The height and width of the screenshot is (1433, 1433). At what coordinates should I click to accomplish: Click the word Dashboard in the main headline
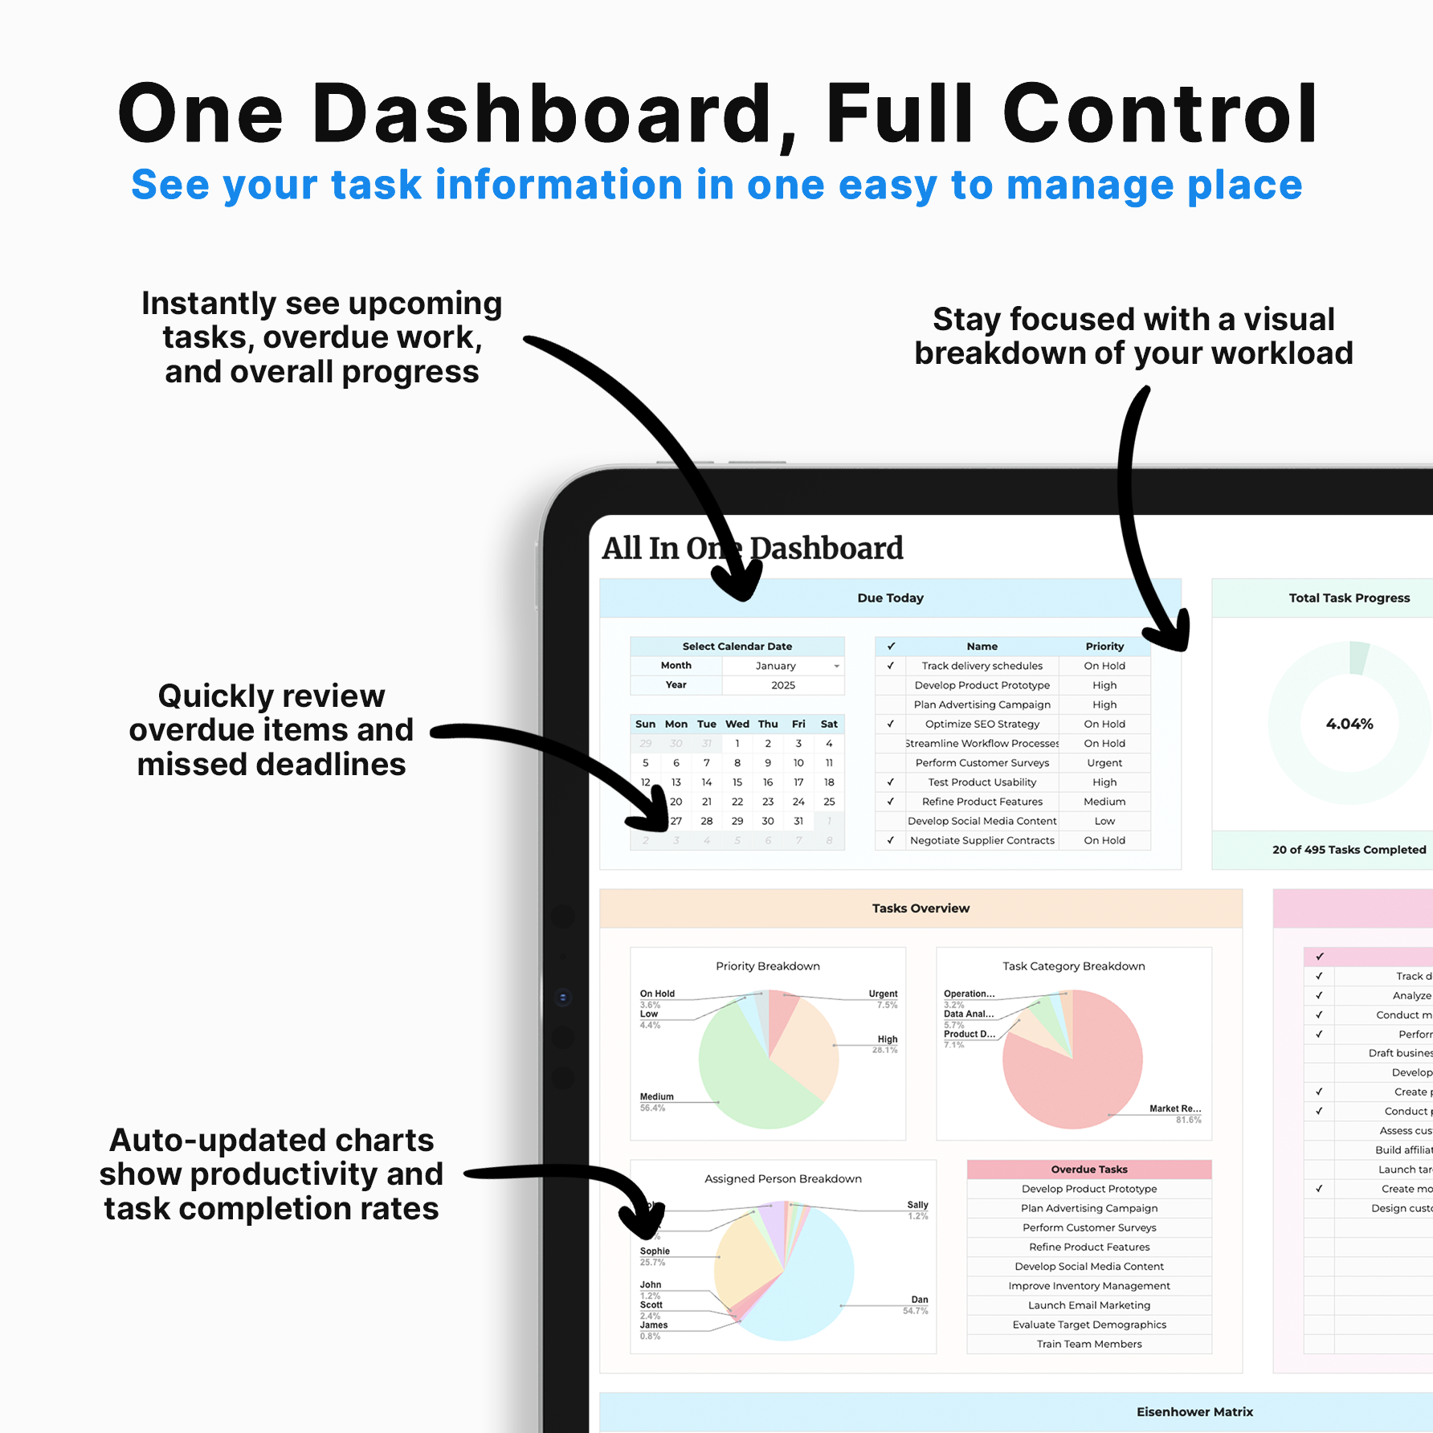click(543, 114)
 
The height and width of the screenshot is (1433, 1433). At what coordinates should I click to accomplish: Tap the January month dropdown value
click(775, 666)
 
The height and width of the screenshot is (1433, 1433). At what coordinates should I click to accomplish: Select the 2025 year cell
click(783, 685)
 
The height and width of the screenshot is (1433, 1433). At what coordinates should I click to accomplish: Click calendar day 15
click(737, 782)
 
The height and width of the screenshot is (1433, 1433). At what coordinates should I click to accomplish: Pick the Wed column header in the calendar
click(737, 724)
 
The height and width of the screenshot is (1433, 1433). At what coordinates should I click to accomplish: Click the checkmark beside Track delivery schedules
click(890, 666)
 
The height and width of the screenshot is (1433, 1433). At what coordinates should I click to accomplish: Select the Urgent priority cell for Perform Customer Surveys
click(1104, 763)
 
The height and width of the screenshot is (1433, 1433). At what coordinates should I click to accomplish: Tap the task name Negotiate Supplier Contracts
click(982, 840)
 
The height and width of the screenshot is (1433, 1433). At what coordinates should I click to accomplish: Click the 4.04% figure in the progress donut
click(1349, 724)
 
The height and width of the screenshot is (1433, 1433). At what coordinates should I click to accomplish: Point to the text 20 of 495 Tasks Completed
click(1349, 850)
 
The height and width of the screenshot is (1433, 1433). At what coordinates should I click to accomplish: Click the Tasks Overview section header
click(921, 908)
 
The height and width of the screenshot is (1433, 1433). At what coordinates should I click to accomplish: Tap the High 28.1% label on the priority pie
click(886, 1043)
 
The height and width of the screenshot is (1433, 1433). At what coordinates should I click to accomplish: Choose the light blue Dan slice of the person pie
click(811, 1285)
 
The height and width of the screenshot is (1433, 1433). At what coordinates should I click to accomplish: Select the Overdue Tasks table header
click(1089, 1170)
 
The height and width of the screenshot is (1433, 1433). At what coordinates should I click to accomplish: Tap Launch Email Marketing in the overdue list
click(1089, 1305)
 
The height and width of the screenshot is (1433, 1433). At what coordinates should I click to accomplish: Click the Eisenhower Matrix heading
click(1194, 1412)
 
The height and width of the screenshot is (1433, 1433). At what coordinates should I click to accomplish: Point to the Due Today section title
click(890, 598)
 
